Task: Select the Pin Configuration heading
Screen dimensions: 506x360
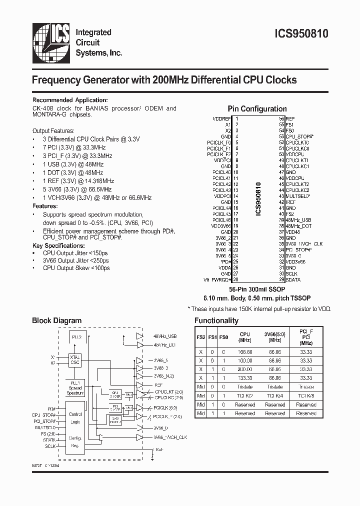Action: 257,108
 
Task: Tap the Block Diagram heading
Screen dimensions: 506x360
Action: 56,320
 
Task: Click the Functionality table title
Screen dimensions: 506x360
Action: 216,320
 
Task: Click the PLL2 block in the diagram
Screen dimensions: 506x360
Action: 77,337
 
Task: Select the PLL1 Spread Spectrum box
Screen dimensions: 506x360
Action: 76,387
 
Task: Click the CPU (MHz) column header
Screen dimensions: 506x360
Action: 244,336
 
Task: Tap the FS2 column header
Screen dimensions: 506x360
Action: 200,337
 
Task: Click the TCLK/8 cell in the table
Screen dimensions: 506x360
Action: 306,395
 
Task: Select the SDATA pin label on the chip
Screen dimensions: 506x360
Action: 293,279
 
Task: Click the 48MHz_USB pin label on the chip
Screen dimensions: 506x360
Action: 298,219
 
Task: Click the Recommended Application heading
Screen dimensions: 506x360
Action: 70,99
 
